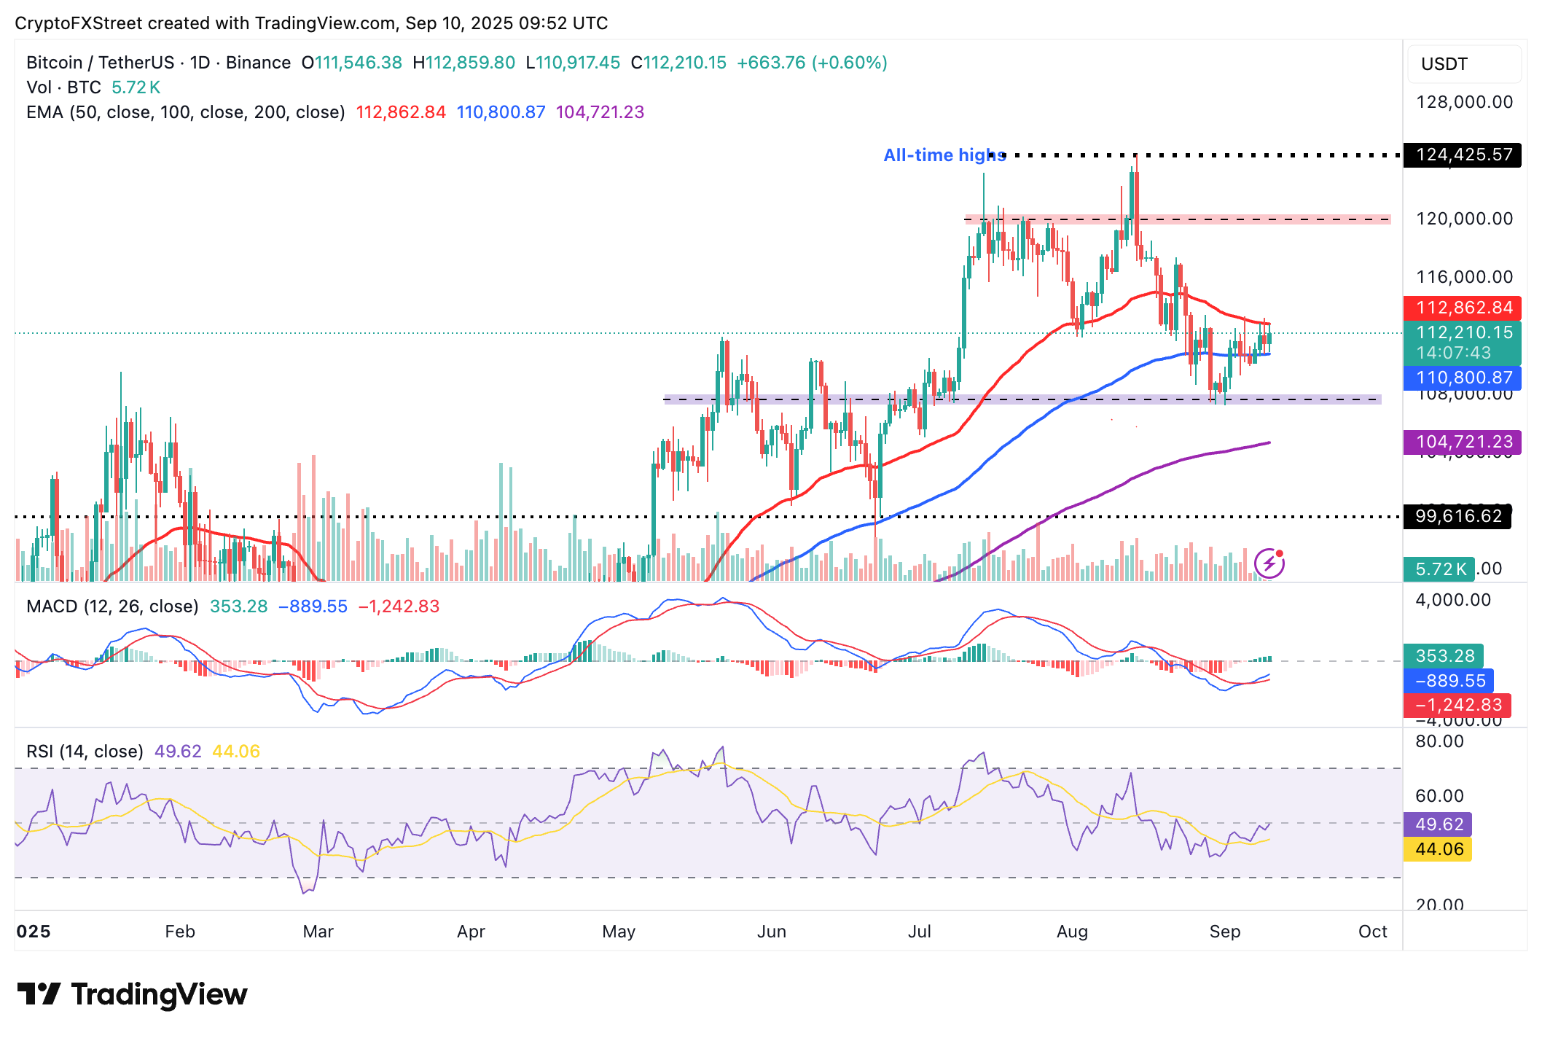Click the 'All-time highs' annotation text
pos(944,155)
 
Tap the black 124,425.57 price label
pos(1463,155)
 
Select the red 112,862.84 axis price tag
pos(1463,308)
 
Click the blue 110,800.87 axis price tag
pos(1463,378)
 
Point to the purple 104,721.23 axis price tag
pos(1463,442)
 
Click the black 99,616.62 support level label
pos(1457,516)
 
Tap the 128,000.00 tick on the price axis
pos(1464,102)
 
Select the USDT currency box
pos(1464,64)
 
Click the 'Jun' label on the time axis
pos(771,932)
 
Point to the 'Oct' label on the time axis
pos(1372,932)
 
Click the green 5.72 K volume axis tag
pos(1439,569)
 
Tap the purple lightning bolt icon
pos(1269,563)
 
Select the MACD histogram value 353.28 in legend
pos(238,606)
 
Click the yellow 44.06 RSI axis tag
pos(1439,849)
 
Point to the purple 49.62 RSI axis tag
pos(1439,824)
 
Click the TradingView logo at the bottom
pos(133,994)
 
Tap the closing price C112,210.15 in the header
pos(678,63)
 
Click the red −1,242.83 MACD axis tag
pos(1457,705)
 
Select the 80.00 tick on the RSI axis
pos(1439,741)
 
